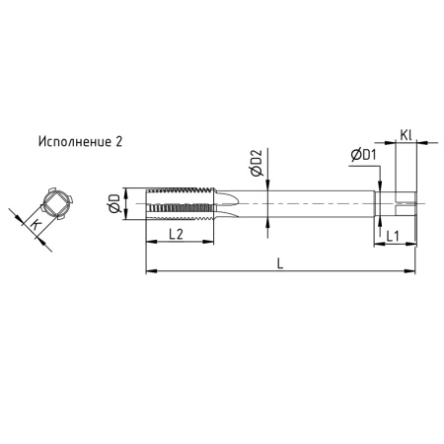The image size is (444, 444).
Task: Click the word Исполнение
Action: tap(73, 142)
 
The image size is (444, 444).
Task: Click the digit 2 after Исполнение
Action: tap(119, 142)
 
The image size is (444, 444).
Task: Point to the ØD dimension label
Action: tap(115, 204)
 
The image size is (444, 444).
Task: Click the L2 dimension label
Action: tap(178, 235)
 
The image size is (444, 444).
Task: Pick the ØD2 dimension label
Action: tap(256, 164)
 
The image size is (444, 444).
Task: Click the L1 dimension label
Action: tap(392, 236)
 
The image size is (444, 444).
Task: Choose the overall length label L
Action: tap(282, 263)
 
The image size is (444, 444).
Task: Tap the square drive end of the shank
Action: tap(406, 203)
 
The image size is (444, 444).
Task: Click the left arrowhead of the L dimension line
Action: tap(149, 271)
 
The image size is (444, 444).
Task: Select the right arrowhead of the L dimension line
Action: tap(413, 271)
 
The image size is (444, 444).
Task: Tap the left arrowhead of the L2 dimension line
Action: tap(149, 242)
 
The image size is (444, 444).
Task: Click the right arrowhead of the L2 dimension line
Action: tap(209, 242)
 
